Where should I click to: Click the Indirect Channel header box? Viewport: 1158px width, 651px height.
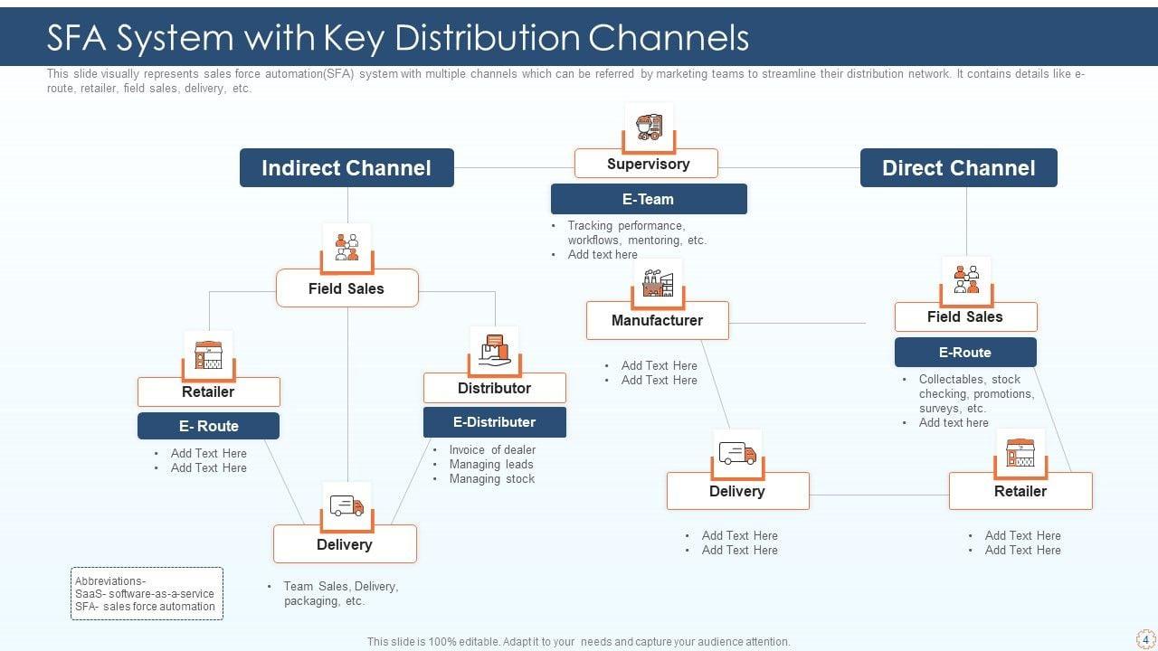coord(346,168)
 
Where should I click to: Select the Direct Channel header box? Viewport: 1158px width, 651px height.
coord(958,168)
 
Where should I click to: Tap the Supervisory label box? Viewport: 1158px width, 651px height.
coord(647,164)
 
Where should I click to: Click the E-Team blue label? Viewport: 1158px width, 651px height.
coord(649,199)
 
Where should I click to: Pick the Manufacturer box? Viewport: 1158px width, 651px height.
coord(657,320)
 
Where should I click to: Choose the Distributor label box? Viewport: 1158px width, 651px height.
coord(494,388)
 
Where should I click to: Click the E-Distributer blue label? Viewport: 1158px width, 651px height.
coord(494,422)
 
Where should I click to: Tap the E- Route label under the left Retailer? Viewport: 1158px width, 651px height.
coord(208,426)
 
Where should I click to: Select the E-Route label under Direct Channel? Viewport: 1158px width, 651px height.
coord(965,353)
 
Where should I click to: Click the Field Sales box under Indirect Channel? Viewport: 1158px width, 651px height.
coord(346,288)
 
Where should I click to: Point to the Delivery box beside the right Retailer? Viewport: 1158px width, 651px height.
coord(737,491)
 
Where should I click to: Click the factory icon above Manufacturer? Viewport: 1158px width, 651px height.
coord(658,283)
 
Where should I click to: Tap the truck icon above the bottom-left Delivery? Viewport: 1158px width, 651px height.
coord(346,506)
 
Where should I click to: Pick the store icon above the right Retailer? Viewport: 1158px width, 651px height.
coord(1020,452)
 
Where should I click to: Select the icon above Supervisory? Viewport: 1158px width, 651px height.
coord(649,126)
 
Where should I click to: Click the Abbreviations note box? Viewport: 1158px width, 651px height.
coord(147,593)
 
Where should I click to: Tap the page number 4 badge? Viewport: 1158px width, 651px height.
coord(1145,638)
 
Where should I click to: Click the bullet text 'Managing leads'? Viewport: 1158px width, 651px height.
coord(491,465)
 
